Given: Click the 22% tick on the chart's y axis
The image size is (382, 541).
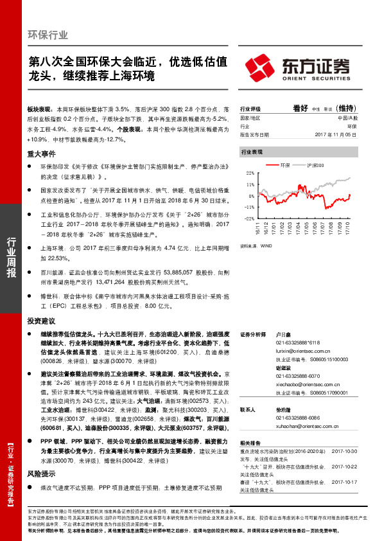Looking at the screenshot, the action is [x=249, y=173].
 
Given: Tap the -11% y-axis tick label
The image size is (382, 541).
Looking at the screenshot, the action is [x=248, y=207].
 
